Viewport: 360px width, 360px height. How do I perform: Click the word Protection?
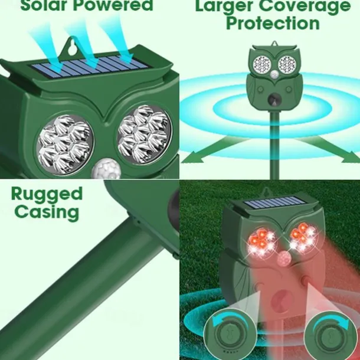tap(273, 23)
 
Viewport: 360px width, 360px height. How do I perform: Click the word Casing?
tap(47, 212)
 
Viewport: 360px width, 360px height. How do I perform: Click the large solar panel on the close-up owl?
tap(90, 66)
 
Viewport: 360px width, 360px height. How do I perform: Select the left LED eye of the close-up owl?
tap(65, 144)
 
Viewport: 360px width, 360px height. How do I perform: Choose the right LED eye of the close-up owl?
tap(145, 135)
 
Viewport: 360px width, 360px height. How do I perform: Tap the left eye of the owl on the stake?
tap(262, 64)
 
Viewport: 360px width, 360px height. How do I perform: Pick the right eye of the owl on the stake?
tap(287, 64)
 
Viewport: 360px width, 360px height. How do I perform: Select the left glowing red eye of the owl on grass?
tap(261, 242)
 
